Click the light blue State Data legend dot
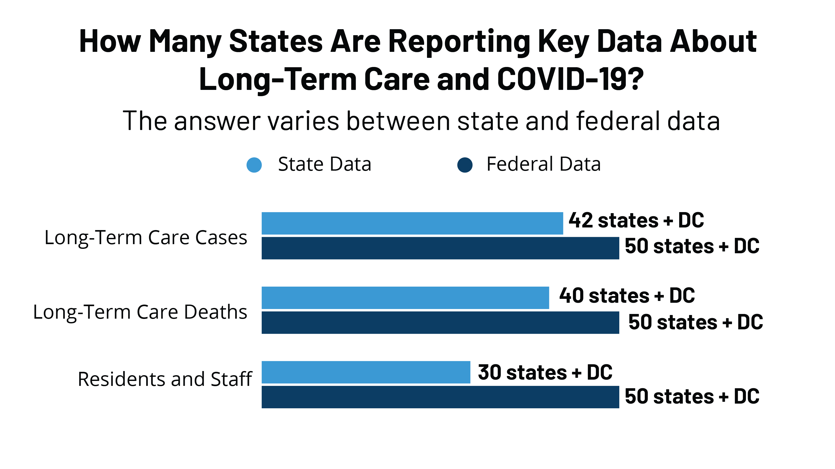tap(254, 165)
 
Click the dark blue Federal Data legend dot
tap(465, 165)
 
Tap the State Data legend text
tap(324, 164)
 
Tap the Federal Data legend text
tap(544, 164)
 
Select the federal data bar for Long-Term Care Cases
tap(440, 248)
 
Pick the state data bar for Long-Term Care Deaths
tap(405, 298)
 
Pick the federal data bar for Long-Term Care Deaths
tap(440, 322)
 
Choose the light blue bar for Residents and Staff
tap(366, 372)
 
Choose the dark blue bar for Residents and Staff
tap(440, 397)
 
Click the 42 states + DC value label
tap(636, 220)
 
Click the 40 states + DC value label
tap(627, 295)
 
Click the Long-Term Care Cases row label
tap(145, 237)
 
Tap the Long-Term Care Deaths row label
tap(140, 312)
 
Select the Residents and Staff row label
tap(165, 379)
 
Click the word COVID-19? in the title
tap(570, 79)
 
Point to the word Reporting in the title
tap(459, 41)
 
